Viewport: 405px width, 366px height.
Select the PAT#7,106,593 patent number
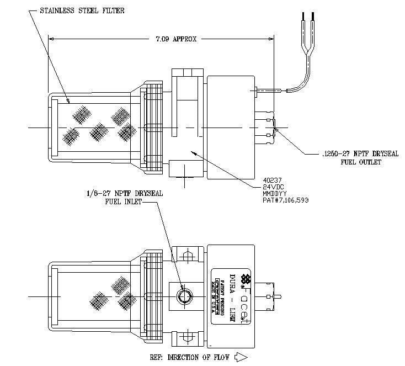click(x=285, y=200)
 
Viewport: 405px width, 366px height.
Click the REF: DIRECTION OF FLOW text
click(x=189, y=357)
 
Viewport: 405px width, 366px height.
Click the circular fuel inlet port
click(x=183, y=298)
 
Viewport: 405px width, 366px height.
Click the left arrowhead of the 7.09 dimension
click(x=52, y=39)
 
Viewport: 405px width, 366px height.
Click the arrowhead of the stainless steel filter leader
click(x=67, y=102)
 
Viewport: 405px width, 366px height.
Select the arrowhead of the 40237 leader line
click(x=190, y=150)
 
